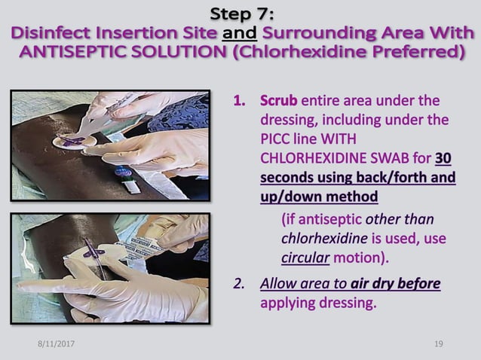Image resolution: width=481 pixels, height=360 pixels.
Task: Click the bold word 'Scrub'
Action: (x=279, y=100)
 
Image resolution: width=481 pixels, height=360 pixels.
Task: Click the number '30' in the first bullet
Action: (x=444, y=159)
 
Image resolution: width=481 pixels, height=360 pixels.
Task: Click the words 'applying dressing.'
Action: (x=317, y=304)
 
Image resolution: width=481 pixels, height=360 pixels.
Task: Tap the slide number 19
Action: (x=439, y=344)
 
